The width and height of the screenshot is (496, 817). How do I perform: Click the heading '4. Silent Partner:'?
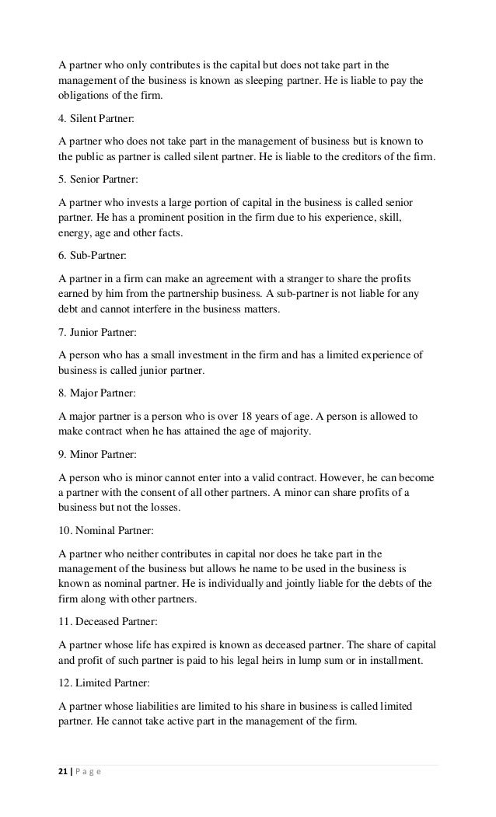click(x=96, y=120)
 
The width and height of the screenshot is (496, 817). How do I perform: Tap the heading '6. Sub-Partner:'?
click(x=92, y=256)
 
